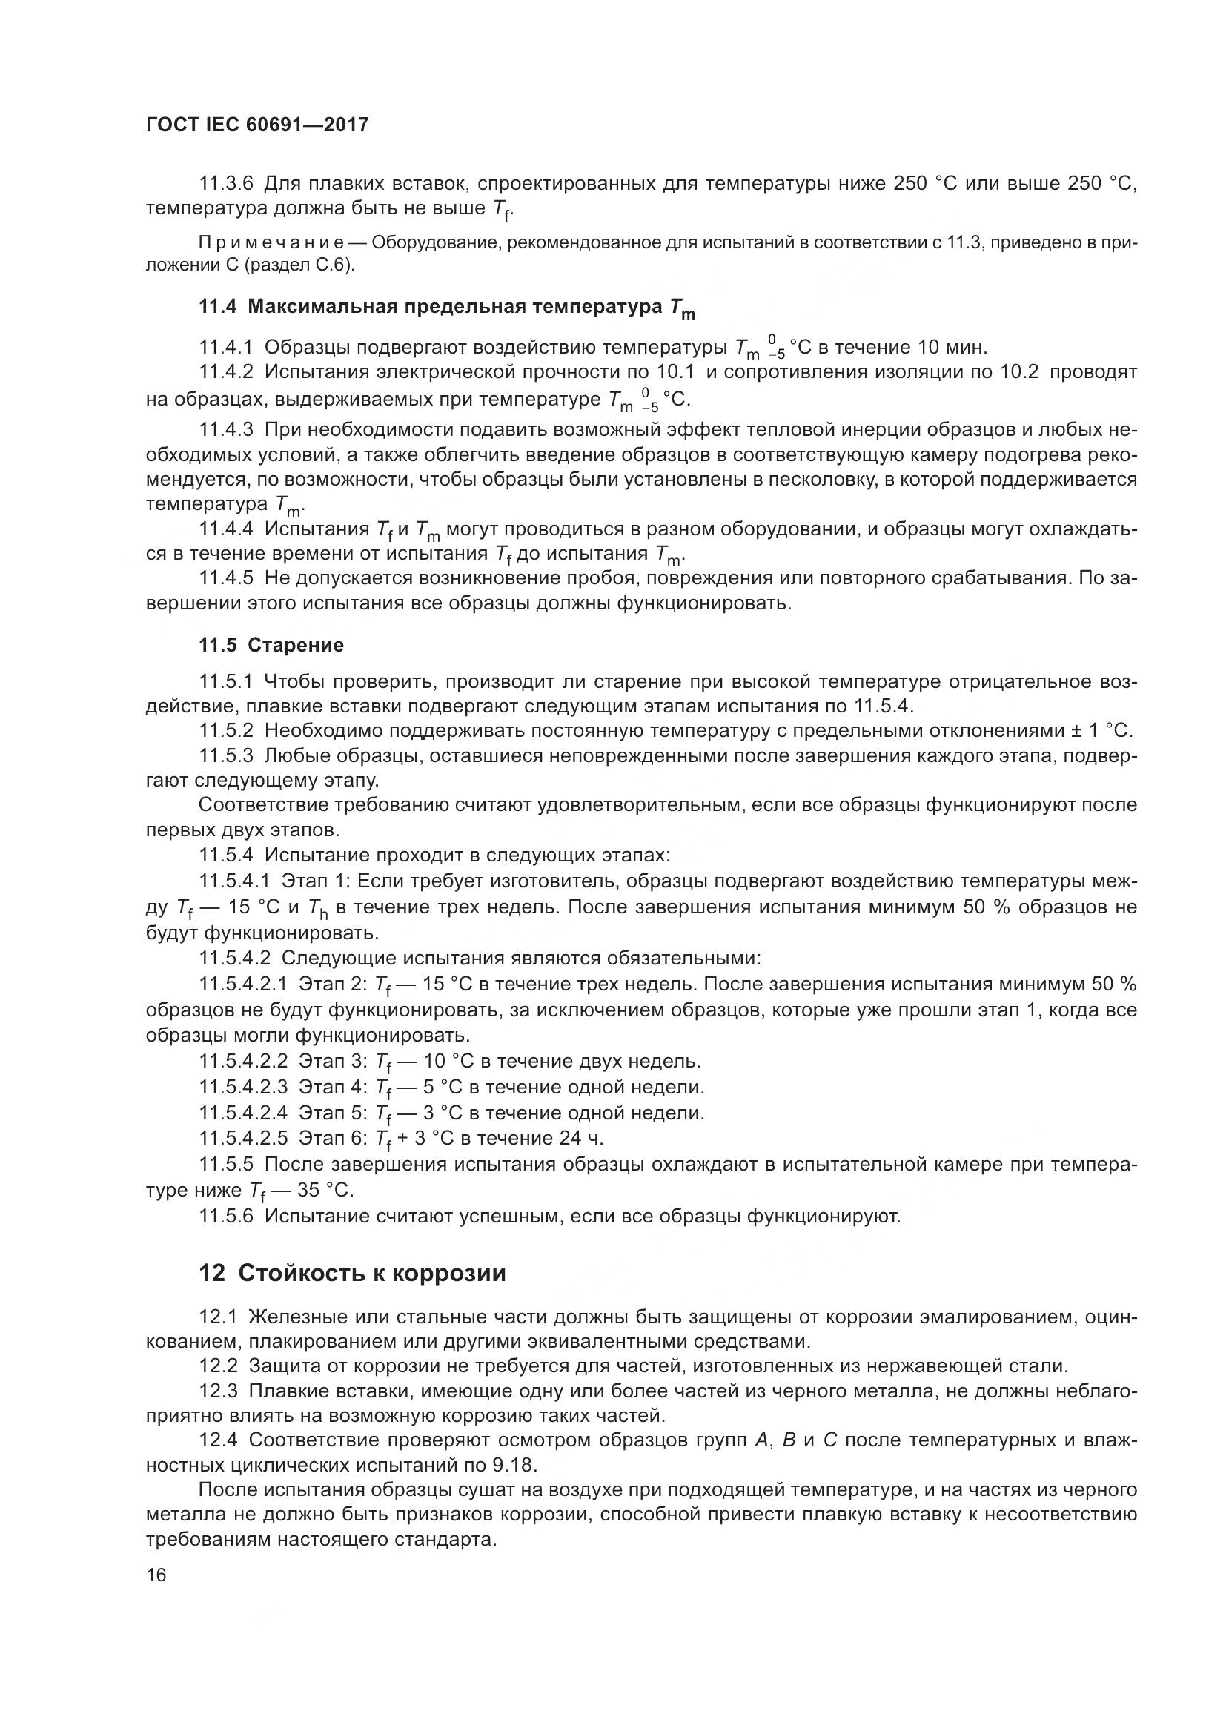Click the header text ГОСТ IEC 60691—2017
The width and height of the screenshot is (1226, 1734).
(x=256, y=125)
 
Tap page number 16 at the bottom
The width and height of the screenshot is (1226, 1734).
(x=156, y=1595)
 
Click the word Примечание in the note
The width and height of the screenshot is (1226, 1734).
(x=271, y=243)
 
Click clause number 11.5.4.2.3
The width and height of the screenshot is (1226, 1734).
(x=243, y=1087)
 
